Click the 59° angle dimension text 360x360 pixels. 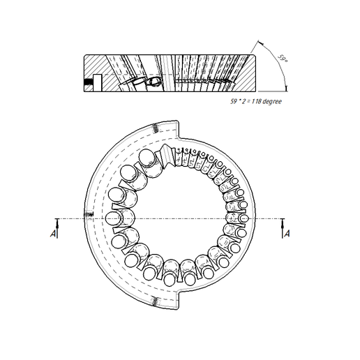pos(283,59)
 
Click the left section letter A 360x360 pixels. pos(53,234)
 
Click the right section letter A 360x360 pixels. pos(287,234)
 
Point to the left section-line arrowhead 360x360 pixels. pos(57,223)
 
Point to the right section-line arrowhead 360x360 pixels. pos(283,223)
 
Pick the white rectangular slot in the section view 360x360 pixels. pos(98,83)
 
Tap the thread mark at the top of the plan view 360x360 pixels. pos(156,128)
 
